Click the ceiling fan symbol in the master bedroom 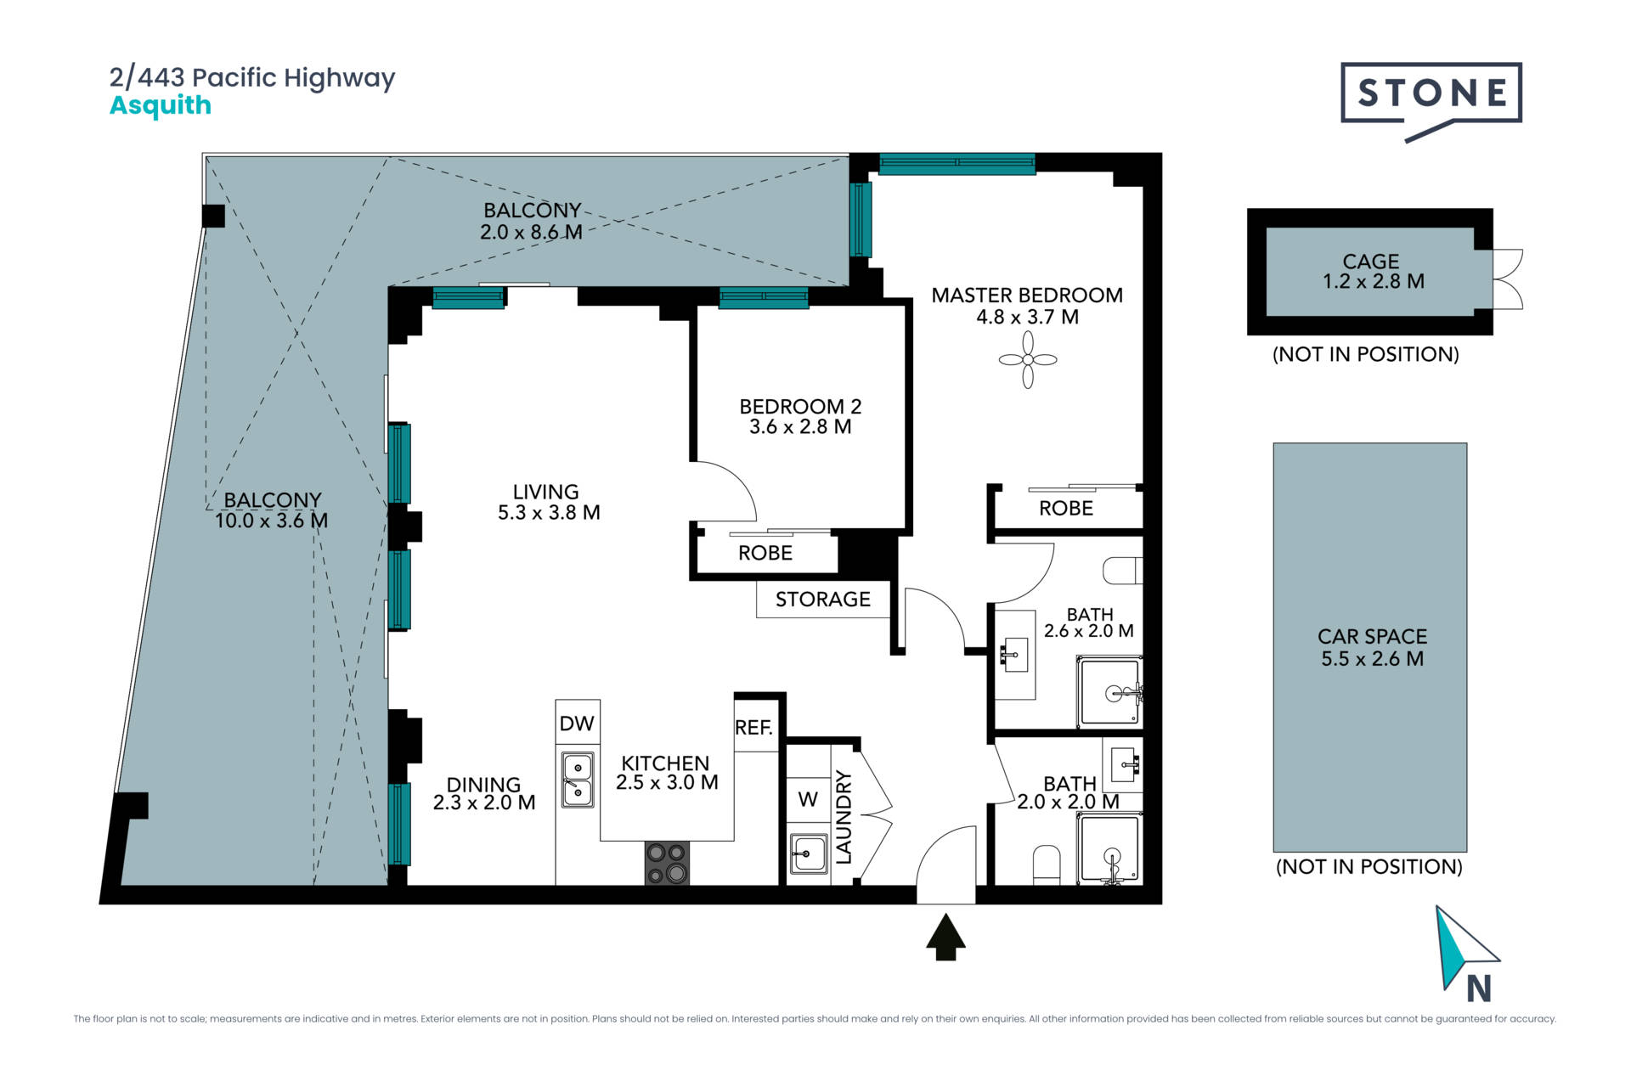click(1028, 360)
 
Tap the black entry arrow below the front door click(945, 936)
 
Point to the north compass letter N click(1479, 988)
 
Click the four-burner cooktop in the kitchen click(667, 863)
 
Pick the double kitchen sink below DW click(578, 780)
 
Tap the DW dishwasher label click(577, 724)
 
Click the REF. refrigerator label click(753, 728)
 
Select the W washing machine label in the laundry click(808, 799)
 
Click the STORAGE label click(822, 600)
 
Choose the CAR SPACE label click(1372, 636)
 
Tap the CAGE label click(1371, 262)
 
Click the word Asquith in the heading click(161, 106)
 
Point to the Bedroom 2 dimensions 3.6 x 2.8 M click(800, 427)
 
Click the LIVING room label click(545, 492)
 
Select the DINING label click(483, 785)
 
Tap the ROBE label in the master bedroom click(1066, 509)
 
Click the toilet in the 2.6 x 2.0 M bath click(1122, 571)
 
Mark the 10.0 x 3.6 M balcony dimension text click(271, 521)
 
